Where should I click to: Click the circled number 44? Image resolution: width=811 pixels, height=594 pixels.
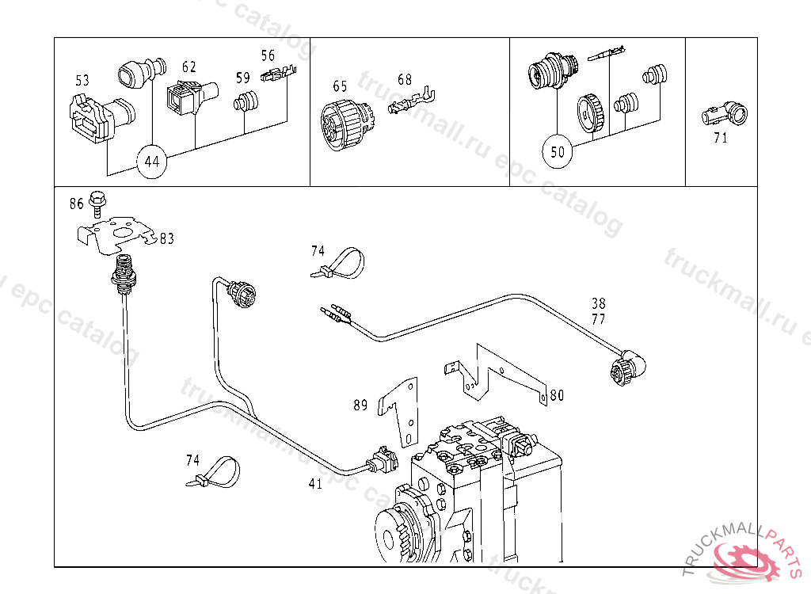coord(152,162)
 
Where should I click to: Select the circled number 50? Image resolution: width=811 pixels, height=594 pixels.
coord(558,150)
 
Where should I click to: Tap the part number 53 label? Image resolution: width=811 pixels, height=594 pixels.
coord(82,80)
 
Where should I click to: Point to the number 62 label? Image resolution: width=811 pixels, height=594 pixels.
coord(188,67)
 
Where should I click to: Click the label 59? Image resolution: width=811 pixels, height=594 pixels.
coord(242,78)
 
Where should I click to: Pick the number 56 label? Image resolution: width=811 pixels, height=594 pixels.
coord(268,55)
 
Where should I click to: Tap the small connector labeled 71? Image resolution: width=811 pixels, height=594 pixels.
coord(725,116)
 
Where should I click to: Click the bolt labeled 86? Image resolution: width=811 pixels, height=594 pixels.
coord(98,202)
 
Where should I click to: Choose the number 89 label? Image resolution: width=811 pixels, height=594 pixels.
coord(360,406)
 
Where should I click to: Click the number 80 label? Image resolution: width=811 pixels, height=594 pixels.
coord(557,394)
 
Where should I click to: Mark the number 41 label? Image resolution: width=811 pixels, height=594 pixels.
coord(315,484)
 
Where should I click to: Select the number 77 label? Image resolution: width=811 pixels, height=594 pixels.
coord(598,319)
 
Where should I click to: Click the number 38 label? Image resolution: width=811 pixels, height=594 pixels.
coord(598,303)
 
